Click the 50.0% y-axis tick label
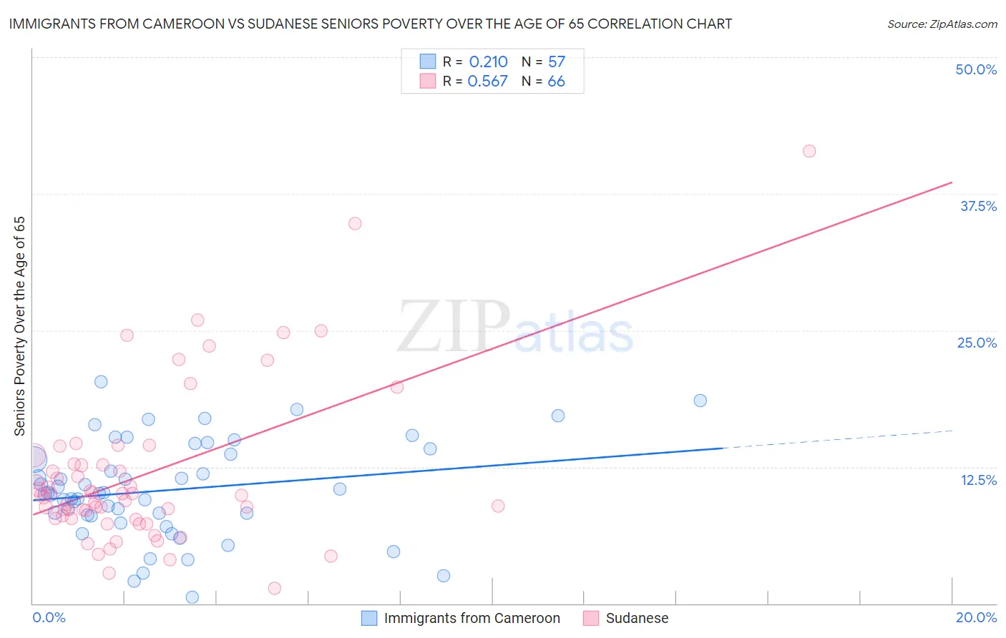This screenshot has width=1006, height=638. [x=976, y=69]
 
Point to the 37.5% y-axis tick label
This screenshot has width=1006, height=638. [x=978, y=206]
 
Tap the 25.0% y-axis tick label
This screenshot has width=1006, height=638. [x=977, y=343]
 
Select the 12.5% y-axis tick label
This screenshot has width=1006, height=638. [x=978, y=480]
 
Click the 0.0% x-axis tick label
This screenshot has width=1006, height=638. [x=49, y=617]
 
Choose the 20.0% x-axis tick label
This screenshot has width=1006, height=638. [x=976, y=617]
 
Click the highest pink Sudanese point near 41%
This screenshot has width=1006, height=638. [x=809, y=151]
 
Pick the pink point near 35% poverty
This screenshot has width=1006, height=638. [x=355, y=223]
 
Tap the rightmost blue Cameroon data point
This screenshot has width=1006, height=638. [x=700, y=401]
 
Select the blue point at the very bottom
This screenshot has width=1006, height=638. [x=192, y=597]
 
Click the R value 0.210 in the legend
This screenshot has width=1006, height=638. [x=488, y=62]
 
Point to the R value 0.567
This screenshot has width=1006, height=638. [x=487, y=82]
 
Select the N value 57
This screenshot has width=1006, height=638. [x=556, y=62]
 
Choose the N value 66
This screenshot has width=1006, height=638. [x=556, y=82]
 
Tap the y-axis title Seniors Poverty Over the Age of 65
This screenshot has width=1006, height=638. [x=19, y=326]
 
